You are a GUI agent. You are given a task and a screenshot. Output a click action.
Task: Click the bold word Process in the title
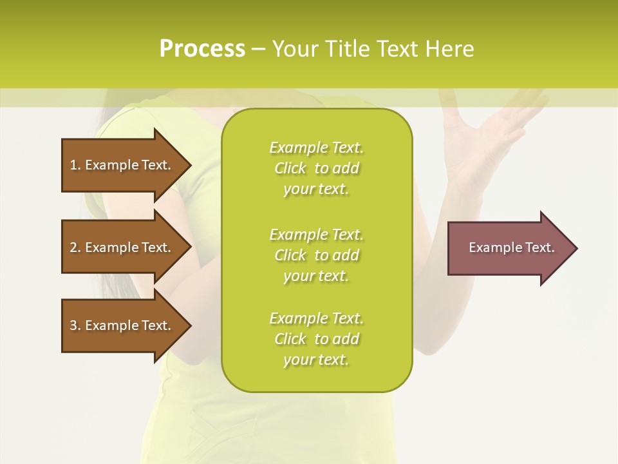tap(202, 48)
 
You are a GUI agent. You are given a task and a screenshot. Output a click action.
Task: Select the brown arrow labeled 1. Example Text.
tap(122, 165)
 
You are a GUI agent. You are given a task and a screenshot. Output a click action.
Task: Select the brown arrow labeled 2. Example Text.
tap(122, 247)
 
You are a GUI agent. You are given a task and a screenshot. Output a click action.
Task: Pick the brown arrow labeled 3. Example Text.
tap(122, 325)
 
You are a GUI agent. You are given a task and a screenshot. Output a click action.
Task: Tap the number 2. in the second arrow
tap(75, 247)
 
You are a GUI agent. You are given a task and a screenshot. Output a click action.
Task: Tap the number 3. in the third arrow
tap(75, 325)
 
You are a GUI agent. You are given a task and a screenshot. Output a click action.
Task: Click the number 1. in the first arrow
tap(75, 165)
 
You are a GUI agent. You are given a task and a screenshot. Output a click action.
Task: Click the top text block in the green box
tap(316, 168)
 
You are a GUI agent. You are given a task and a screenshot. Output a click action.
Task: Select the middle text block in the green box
tap(316, 255)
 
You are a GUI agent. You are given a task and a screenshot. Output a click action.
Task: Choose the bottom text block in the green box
tap(316, 339)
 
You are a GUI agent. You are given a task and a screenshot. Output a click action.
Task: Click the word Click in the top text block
tap(290, 168)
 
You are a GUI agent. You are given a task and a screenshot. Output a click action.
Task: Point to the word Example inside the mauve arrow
tap(491, 247)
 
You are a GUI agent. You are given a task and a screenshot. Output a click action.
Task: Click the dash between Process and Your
tap(259, 49)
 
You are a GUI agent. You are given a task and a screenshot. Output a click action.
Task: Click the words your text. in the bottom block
tap(316, 360)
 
